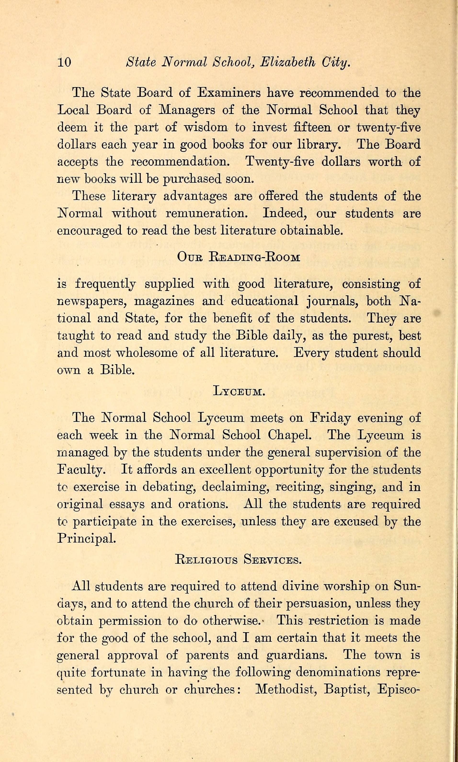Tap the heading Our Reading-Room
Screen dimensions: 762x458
[x=239, y=257]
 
